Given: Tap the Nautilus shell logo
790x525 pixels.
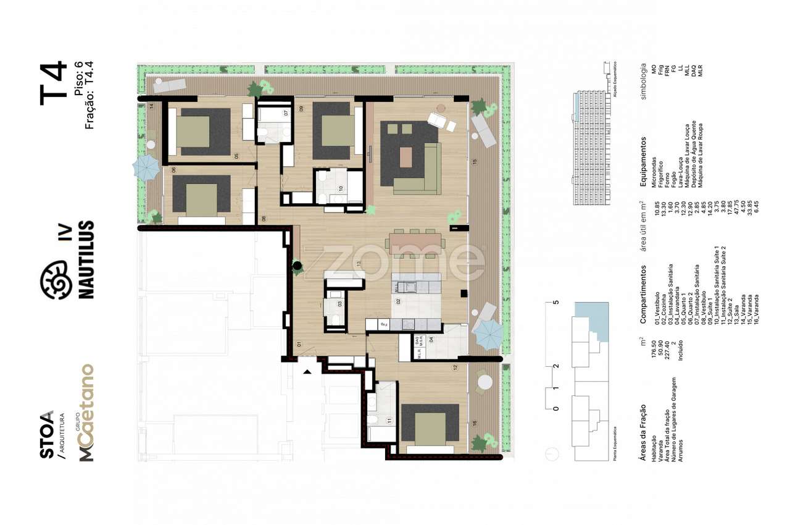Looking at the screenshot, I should point(54,279).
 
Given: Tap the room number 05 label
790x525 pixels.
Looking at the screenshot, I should point(236,156).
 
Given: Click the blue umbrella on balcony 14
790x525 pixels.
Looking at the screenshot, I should point(147,168).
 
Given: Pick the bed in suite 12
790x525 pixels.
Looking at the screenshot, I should point(430,427).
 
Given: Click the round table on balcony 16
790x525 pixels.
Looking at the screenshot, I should point(484,381).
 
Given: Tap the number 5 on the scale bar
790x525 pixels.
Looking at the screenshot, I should point(555,303).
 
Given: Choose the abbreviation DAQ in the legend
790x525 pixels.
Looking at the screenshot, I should point(694,73).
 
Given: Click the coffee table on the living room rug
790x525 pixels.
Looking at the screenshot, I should point(405,156).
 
